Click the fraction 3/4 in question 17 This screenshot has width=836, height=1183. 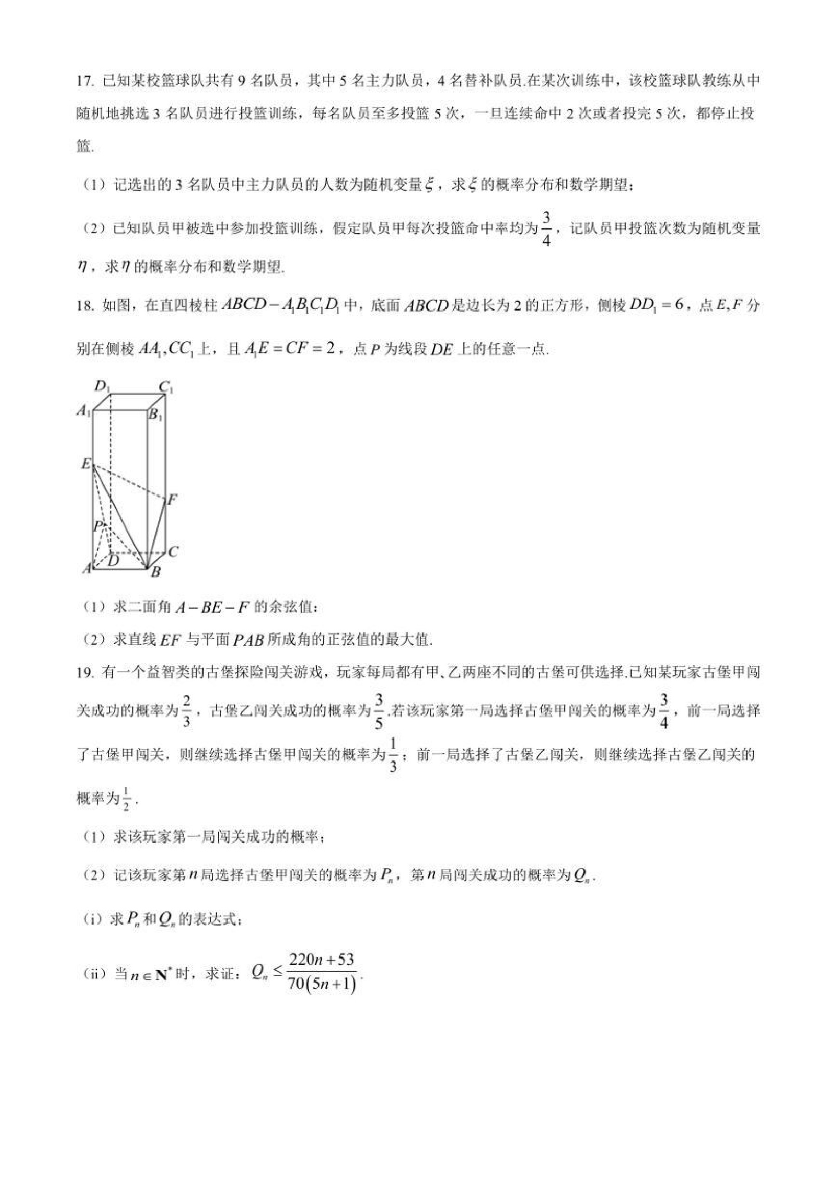point(546,230)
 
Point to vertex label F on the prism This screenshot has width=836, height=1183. point(173,499)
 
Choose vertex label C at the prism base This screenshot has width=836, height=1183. point(173,551)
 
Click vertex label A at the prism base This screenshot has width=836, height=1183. point(86,568)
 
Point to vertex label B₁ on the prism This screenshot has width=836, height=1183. point(155,415)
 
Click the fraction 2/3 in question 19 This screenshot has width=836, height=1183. point(187,711)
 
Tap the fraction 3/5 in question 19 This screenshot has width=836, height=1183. point(379,711)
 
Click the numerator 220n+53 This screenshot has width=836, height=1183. point(322,959)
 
